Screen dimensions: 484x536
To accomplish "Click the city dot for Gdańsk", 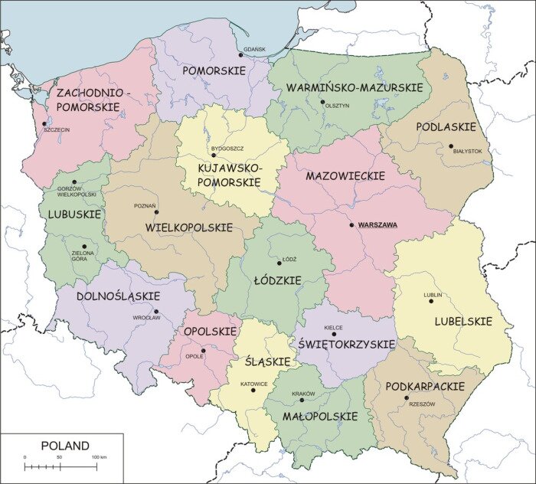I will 240,54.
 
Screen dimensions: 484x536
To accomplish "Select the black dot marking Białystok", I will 451,146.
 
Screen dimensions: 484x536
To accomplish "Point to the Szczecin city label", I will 57,130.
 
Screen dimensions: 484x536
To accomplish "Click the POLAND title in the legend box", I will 64,446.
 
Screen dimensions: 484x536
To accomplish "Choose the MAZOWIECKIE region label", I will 345,176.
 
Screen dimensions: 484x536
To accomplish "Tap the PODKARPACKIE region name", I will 425,387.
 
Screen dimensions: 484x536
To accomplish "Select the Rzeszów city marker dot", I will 407,397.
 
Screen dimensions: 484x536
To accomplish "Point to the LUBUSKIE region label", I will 74,214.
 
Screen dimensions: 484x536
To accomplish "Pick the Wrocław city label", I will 146,317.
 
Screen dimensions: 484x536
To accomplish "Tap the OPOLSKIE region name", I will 209,332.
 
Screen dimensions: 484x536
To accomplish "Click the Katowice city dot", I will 253,390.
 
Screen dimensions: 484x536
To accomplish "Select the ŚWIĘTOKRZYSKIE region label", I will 346,345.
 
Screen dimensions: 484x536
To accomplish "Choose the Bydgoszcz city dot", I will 214,155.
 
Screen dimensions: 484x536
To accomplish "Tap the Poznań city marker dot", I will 156,212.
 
